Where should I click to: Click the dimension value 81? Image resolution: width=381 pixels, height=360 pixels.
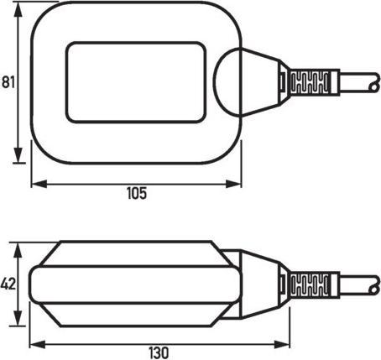tap(9, 82)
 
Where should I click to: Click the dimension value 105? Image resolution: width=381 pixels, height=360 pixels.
tap(137, 193)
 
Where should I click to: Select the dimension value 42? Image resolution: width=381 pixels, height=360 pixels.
tap(9, 284)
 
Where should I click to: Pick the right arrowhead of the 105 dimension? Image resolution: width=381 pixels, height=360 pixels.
tap(243, 181)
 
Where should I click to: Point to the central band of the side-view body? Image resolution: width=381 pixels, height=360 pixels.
tap(134, 285)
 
